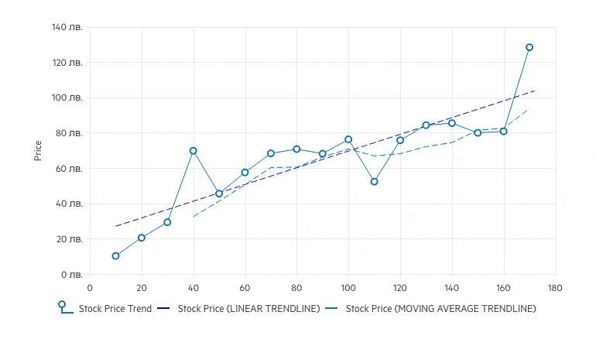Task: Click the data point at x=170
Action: point(529,47)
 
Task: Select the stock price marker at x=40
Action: point(194,151)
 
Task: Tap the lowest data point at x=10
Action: point(115,256)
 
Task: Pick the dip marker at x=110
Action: point(374,182)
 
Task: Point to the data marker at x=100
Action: point(348,139)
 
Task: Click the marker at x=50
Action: point(219,194)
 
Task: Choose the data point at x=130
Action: point(426,125)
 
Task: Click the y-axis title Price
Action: point(38,151)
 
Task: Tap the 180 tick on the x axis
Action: point(555,288)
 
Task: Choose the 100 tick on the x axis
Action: point(348,288)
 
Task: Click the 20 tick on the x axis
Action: point(142,288)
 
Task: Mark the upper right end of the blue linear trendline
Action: point(535,91)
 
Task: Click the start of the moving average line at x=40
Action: point(194,216)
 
